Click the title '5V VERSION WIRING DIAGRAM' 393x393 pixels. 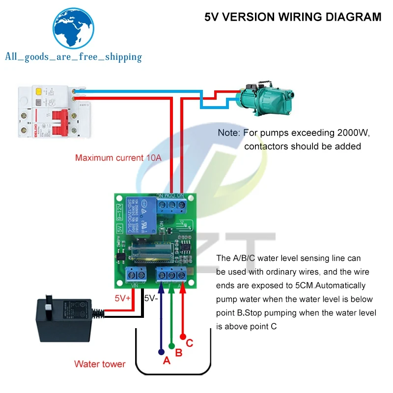click(x=292, y=17)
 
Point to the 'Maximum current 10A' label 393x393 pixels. click(x=118, y=158)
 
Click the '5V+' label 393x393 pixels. click(x=123, y=298)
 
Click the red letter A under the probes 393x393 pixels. click(x=166, y=361)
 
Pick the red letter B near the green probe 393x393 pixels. click(x=179, y=352)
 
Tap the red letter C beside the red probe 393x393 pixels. click(x=190, y=343)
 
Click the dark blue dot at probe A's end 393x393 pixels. click(x=161, y=352)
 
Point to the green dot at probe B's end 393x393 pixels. click(x=171, y=345)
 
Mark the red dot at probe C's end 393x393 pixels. click(x=183, y=337)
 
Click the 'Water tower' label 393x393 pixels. click(x=100, y=364)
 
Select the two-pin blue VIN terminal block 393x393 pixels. click(x=136, y=275)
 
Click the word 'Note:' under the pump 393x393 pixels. click(x=228, y=133)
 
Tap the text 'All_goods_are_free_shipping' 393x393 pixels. click(x=73, y=57)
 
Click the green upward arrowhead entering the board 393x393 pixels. click(x=171, y=290)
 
